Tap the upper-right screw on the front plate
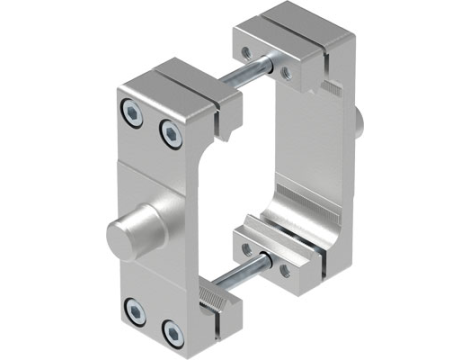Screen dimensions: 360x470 (167, 129)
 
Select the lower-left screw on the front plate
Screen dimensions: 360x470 (133, 306)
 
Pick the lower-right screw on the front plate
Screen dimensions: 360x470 (171, 328)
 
